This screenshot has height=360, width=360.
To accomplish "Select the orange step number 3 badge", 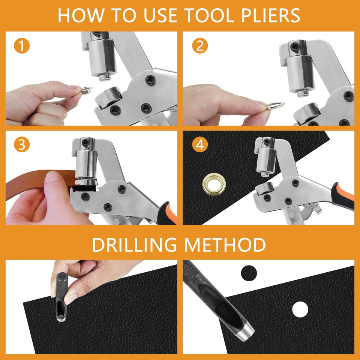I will pos(22,145).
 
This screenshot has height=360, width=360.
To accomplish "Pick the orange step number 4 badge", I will pos(199,145).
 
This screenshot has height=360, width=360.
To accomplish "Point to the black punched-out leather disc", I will pos(249,272).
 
